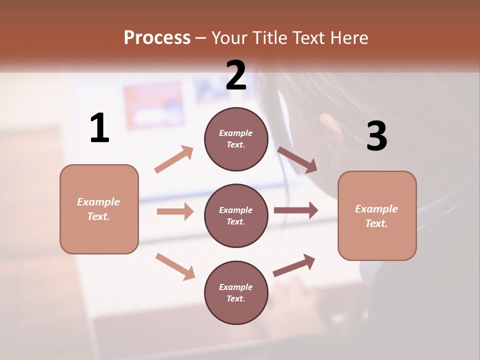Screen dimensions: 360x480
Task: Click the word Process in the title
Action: point(157,38)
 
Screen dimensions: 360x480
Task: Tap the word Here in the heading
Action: point(348,38)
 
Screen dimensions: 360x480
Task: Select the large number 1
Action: point(99,128)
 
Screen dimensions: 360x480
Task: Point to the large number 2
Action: point(236,75)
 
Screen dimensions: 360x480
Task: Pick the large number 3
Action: point(376,136)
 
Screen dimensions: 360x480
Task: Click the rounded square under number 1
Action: point(99,209)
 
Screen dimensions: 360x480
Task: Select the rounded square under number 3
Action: point(377,215)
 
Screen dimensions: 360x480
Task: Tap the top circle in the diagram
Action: point(236,139)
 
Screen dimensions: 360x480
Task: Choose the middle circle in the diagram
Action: point(236,215)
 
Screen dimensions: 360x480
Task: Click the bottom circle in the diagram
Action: point(236,292)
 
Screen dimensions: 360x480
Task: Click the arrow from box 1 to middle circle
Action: point(175,211)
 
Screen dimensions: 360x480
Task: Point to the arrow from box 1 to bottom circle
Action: point(175,266)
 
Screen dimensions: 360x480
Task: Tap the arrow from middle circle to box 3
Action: point(296,210)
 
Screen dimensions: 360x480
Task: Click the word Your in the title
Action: point(229,38)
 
